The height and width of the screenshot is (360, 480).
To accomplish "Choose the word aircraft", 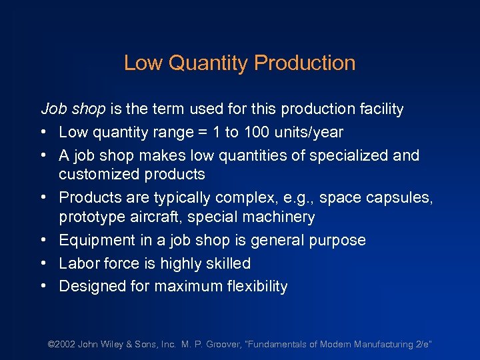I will (x=153, y=217).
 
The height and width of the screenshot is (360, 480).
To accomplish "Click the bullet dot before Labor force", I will (x=43, y=263).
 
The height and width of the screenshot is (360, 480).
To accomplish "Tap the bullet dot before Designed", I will (x=43, y=287).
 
